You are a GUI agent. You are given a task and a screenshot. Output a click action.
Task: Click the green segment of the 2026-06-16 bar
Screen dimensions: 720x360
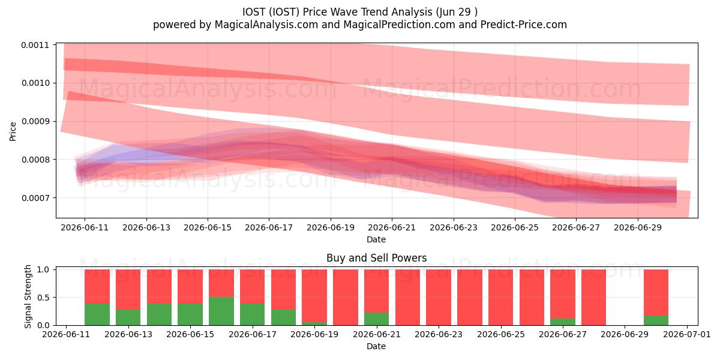coord(221,311)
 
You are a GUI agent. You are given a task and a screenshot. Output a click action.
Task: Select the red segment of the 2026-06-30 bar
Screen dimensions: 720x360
coord(656,293)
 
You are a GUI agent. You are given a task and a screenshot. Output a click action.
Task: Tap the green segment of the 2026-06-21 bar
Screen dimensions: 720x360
coord(376,319)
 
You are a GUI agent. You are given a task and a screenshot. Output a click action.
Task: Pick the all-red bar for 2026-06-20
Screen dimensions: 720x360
coord(346,298)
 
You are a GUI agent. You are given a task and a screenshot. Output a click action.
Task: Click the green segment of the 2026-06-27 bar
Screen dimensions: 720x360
coord(563,322)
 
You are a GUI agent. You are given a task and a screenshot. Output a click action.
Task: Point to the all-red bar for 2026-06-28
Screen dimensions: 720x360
coord(593,298)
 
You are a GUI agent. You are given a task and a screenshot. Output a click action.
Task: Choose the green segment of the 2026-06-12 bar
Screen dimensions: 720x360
coord(97,314)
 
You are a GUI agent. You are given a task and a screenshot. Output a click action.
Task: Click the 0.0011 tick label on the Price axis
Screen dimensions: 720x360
coord(35,45)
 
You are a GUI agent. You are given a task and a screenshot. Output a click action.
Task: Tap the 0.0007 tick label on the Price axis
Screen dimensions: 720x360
coord(35,197)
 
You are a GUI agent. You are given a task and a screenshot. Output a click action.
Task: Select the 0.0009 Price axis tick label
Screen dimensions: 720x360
coord(35,121)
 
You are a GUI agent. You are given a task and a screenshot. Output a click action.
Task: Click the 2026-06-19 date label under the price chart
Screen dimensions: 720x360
coord(331,227)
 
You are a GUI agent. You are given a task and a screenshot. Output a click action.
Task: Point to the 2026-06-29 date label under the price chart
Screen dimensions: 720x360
coord(638,227)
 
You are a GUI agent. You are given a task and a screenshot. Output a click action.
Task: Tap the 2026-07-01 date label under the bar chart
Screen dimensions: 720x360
coord(687,334)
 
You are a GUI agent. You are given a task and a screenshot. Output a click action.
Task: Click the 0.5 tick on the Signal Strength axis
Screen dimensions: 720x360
coord(43,298)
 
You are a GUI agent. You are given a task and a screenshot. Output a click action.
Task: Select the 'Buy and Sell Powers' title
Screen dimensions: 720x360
coord(376,258)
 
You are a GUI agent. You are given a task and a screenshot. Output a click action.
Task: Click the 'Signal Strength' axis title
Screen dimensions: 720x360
coord(28,296)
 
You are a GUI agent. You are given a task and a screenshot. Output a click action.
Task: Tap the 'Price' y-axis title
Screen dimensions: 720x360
coord(13,131)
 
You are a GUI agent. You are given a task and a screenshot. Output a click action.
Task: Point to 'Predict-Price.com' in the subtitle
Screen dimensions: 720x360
coord(524,25)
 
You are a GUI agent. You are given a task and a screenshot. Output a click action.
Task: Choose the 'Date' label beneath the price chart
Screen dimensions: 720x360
coord(376,239)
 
